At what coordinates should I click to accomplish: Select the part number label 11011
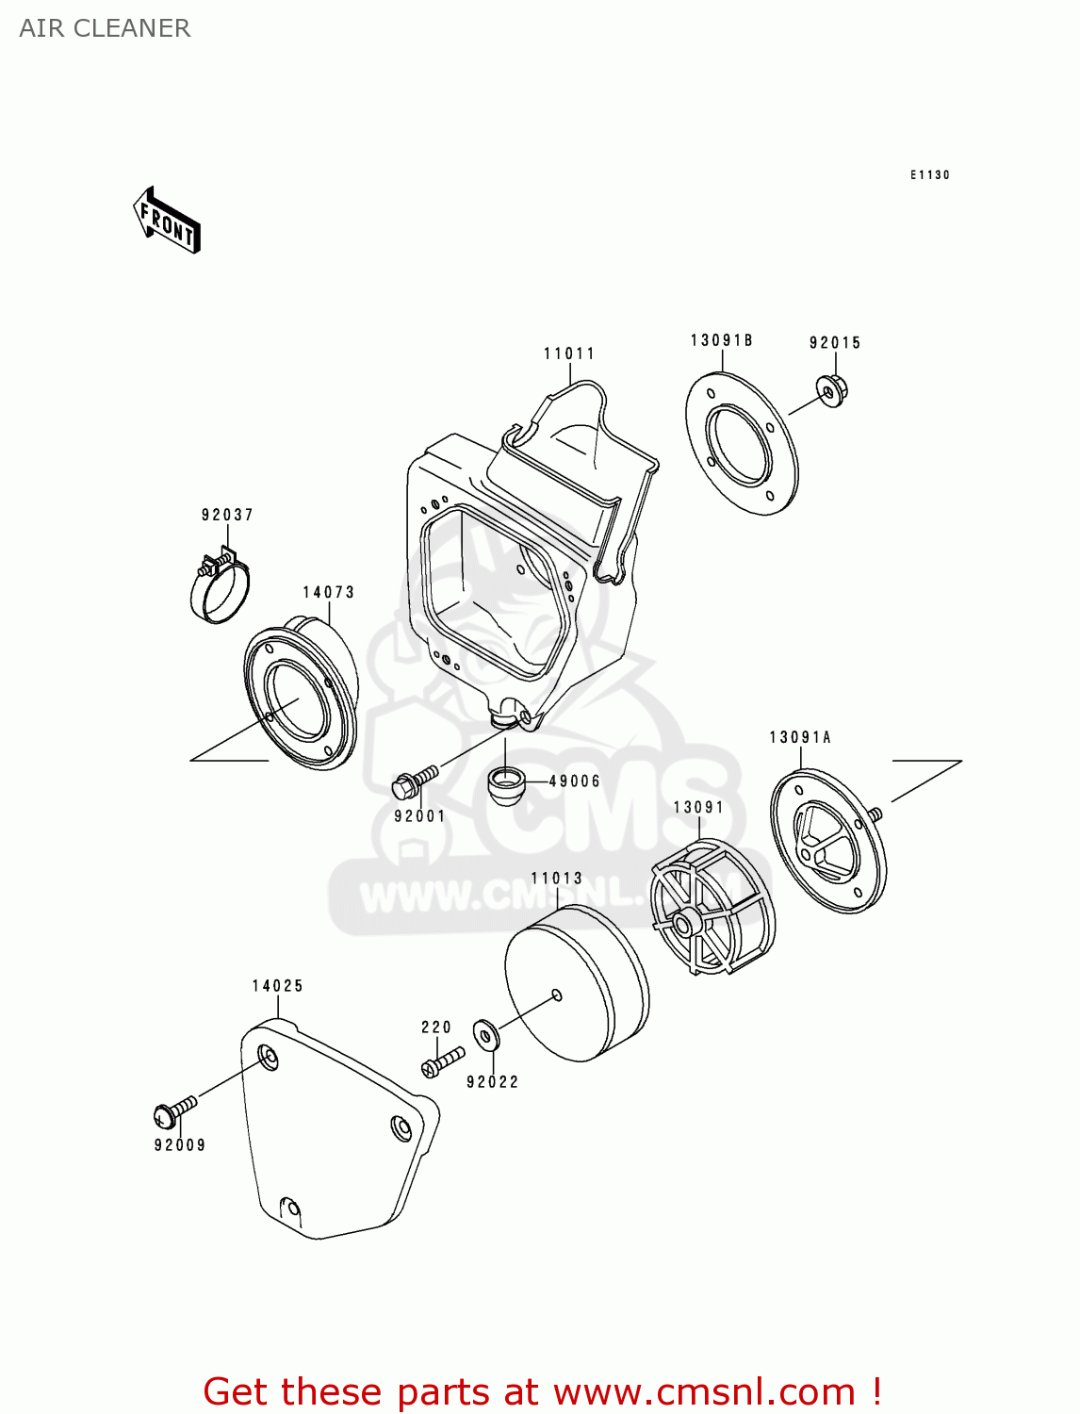coord(569,353)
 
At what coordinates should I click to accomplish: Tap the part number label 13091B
coord(721,340)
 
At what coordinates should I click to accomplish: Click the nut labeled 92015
coord(832,389)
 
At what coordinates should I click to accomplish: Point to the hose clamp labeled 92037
coord(221,586)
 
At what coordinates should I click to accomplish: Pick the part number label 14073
coord(328,592)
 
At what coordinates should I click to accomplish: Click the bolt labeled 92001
coord(414,780)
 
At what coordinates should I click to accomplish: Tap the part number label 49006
coord(574,781)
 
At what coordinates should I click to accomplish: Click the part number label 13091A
coord(799,737)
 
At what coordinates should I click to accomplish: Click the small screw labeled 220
coord(442,1060)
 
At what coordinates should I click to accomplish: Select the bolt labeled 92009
coord(174,1111)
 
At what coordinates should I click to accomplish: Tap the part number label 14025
coord(277,986)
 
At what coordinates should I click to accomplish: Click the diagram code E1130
coord(929,174)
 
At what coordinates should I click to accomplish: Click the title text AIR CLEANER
coord(105,28)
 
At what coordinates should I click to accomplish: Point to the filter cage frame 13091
coord(712,906)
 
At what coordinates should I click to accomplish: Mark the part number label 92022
coord(492,1082)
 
